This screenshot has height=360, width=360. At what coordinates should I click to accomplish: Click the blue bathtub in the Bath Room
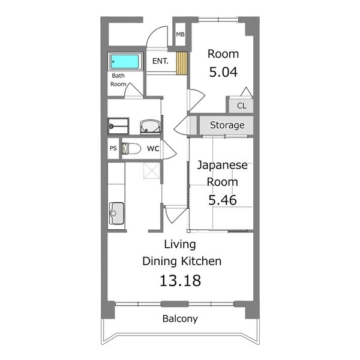[125, 61]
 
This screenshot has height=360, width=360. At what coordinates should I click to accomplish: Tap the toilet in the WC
[131, 148]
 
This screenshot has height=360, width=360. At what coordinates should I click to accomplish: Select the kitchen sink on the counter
[116, 213]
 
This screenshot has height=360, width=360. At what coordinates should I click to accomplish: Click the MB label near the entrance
[180, 34]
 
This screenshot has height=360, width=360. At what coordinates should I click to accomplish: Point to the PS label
[113, 148]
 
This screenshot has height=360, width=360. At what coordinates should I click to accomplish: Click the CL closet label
[242, 106]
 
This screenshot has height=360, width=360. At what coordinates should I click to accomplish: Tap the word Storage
[227, 125]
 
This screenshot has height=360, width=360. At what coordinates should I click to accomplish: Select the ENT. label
[160, 61]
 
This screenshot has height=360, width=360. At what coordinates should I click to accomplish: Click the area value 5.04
[223, 72]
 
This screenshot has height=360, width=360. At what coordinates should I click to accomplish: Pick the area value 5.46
[222, 200]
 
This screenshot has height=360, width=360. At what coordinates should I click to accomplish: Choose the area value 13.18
[180, 281]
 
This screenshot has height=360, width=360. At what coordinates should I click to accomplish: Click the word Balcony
[180, 319]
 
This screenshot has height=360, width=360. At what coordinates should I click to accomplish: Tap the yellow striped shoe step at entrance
[182, 64]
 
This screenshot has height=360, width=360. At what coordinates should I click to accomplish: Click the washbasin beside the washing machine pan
[150, 127]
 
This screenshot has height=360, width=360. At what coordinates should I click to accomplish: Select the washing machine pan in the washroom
[118, 126]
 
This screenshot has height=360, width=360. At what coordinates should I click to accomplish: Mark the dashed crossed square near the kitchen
[152, 170]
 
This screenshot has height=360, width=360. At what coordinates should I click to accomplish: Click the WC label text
[153, 149]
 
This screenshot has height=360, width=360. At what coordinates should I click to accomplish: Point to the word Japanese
[222, 165]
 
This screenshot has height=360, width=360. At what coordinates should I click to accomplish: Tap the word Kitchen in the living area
[202, 261]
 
